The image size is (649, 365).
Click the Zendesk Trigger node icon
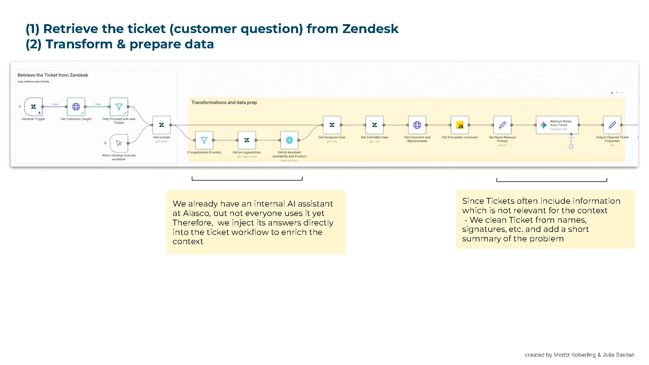[x=33, y=107]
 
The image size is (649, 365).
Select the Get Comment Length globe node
[x=76, y=107]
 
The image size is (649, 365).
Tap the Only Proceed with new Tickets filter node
[x=119, y=107]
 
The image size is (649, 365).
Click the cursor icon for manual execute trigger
[x=119, y=143]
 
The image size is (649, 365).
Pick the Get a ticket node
[x=161, y=125]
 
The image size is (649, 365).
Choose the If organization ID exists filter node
[x=204, y=140]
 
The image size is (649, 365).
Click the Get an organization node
[x=247, y=140]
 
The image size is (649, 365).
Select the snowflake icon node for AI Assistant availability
[x=289, y=140]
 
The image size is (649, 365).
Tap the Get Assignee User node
[x=332, y=125]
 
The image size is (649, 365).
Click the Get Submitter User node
[x=374, y=125]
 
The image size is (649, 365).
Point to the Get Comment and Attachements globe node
[x=417, y=125]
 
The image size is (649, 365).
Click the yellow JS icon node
[x=460, y=125]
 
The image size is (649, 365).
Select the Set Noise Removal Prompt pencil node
[x=502, y=125]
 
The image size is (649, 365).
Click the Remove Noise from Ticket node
[x=557, y=125]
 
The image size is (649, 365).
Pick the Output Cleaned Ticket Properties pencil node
[x=612, y=125]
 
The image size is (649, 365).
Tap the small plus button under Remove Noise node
[x=571, y=147]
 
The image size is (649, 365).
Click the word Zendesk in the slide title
[x=370, y=29]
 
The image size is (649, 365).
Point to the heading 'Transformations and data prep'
[x=224, y=102]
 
